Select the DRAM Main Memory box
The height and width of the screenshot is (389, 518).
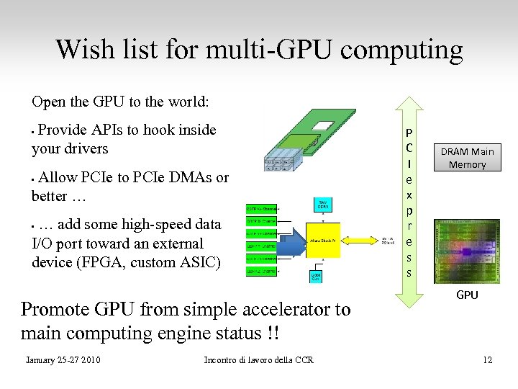tap(467, 158)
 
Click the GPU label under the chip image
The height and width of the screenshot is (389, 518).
tap(467, 295)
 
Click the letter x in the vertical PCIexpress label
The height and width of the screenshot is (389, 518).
tap(409, 194)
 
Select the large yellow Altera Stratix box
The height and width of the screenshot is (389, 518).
tap(323, 240)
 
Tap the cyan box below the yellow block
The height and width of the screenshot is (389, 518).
tap(317, 276)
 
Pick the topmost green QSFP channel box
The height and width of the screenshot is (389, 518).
tap(262, 207)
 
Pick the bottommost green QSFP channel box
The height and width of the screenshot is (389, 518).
tap(262, 271)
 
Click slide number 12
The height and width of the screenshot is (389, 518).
tap(487, 359)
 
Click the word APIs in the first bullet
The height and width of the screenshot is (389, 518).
tap(107, 130)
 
